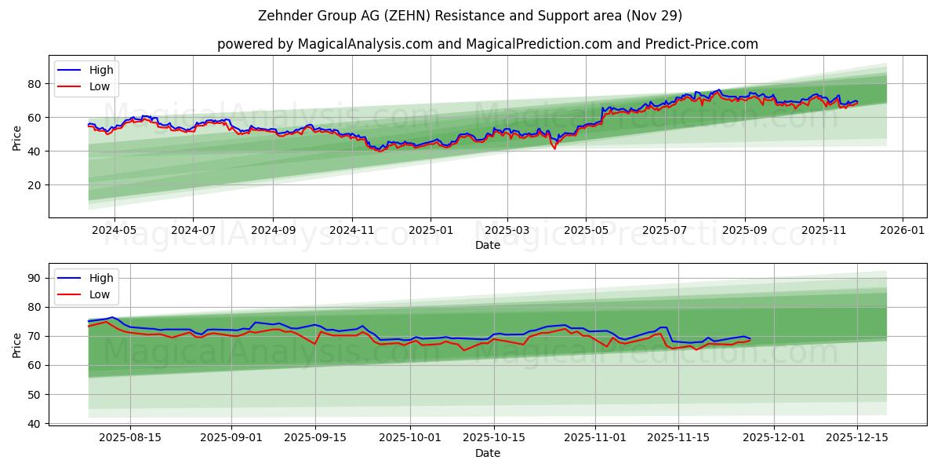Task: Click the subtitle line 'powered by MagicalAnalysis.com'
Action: coord(487,44)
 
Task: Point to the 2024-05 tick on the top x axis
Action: coord(114,231)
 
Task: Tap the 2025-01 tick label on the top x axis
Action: coord(431,231)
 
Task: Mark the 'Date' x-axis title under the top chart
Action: coord(487,245)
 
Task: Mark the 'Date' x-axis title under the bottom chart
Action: coord(487,453)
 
